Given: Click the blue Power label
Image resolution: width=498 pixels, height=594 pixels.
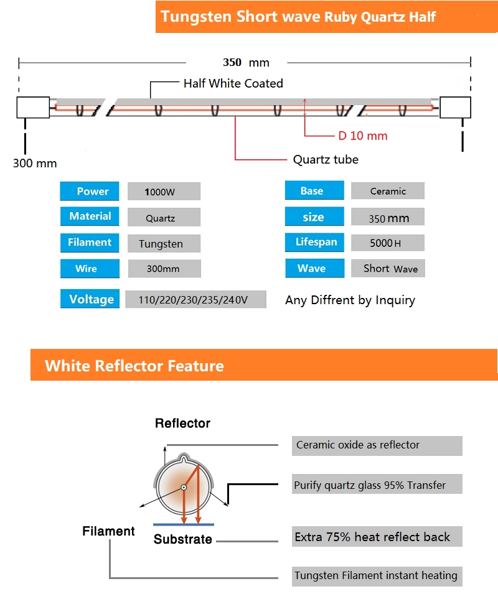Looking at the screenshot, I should point(93,192).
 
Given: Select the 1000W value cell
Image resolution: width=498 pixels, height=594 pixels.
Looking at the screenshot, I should point(164,192).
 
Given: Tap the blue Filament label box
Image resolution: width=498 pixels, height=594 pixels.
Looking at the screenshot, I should point(90,243).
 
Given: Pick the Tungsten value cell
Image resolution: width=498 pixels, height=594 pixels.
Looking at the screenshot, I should point(164,244).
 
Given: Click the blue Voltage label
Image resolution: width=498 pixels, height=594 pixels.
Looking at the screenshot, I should point(92,299).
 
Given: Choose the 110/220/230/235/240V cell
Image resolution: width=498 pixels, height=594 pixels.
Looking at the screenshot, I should point(195,300).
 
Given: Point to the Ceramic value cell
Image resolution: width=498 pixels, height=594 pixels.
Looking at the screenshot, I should point(388,191).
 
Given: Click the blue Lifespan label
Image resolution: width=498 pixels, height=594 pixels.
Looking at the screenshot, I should point(314,242).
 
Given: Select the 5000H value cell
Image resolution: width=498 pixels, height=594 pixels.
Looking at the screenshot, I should point(388,243).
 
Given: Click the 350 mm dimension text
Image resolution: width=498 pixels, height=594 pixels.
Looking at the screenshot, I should point(246,62).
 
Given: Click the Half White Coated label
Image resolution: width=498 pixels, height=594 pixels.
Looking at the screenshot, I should point(233,83).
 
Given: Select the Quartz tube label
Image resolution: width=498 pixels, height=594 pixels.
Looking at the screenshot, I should point(326,160).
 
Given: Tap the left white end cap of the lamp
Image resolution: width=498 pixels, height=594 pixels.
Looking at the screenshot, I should point(32,107).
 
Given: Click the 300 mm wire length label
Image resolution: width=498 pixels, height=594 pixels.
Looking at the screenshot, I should point(35,164).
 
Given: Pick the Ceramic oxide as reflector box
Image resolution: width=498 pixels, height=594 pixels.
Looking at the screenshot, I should point(377,445).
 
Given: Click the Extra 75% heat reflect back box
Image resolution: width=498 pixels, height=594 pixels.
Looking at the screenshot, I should point(377,537).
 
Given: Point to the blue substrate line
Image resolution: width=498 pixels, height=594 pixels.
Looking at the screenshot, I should point(183,524).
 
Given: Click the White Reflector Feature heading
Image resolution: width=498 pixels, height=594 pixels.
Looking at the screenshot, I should point(134,365).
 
